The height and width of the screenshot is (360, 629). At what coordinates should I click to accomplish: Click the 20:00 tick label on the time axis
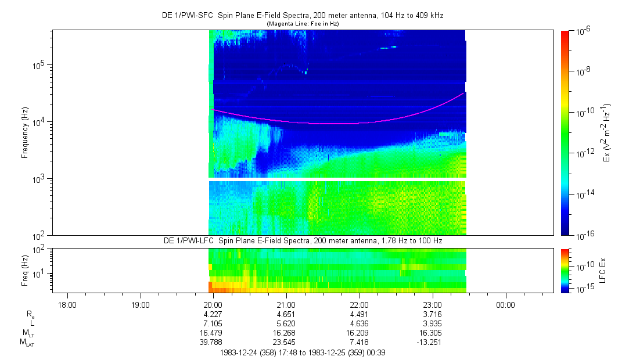tap(213, 305)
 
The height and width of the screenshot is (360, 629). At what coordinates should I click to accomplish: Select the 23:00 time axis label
tap(432, 305)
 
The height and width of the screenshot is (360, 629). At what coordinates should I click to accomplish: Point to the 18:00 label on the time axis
tap(67, 305)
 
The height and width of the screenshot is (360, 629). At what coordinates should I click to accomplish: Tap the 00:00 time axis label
tap(505, 305)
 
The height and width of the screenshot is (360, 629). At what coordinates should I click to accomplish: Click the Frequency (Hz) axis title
tap(25, 133)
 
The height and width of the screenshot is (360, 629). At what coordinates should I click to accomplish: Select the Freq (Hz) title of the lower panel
tap(25, 271)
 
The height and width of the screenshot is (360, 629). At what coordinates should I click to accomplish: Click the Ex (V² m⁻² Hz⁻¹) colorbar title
tap(608, 133)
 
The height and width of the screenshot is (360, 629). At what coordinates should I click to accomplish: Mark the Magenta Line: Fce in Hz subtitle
tap(302, 23)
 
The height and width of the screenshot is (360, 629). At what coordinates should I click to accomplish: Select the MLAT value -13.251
tap(432, 342)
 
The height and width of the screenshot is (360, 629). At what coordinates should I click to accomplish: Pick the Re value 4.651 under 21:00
tap(286, 314)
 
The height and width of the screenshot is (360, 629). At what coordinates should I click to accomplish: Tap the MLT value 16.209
tap(360, 333)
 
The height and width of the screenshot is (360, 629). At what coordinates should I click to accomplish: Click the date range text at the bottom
tap(302, 352)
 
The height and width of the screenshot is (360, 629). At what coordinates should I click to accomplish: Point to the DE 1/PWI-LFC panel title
tap(302, 240)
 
